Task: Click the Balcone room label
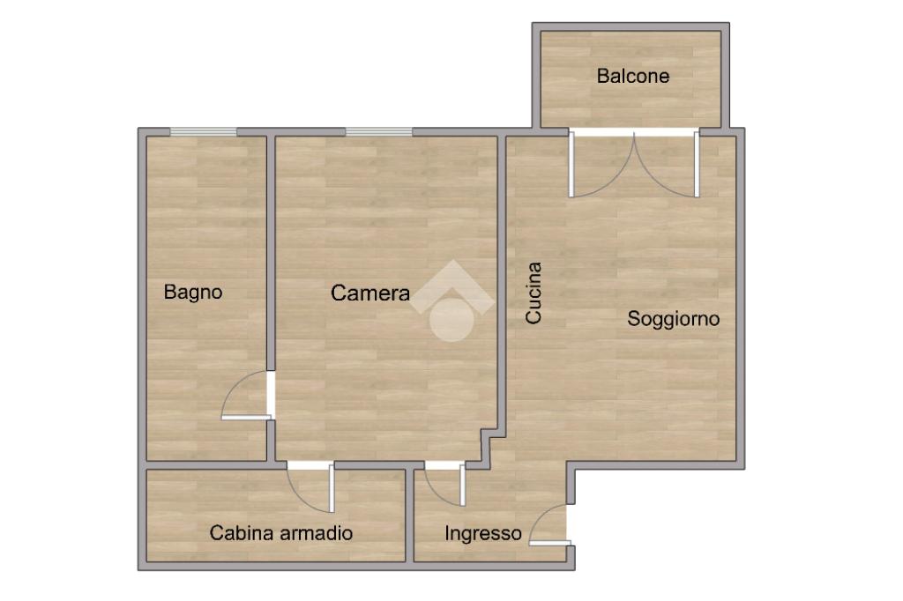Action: click(633, 76)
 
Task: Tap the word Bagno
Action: click(193, 293)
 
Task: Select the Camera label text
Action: click(370, 293)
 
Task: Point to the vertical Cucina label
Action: click(534, 293)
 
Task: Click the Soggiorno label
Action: click(673, 319)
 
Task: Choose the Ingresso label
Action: click(482, 534)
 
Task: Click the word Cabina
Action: click(242, 533)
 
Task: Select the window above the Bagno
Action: click(204, 132)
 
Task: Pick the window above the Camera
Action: click(379, 132)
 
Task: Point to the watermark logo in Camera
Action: click(452, 301)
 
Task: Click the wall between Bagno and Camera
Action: click(271, 253)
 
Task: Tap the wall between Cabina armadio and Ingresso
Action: click(409, 516)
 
